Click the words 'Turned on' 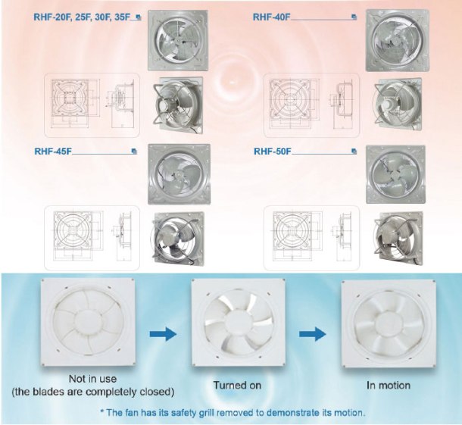[x=236, y=386]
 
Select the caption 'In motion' [x=389, y=386]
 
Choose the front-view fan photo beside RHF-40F [x=395, y=41]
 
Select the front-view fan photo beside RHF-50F [x=395, y=173]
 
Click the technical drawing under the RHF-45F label [x=90, y=236]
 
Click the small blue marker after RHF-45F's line [x=133, y=151]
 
